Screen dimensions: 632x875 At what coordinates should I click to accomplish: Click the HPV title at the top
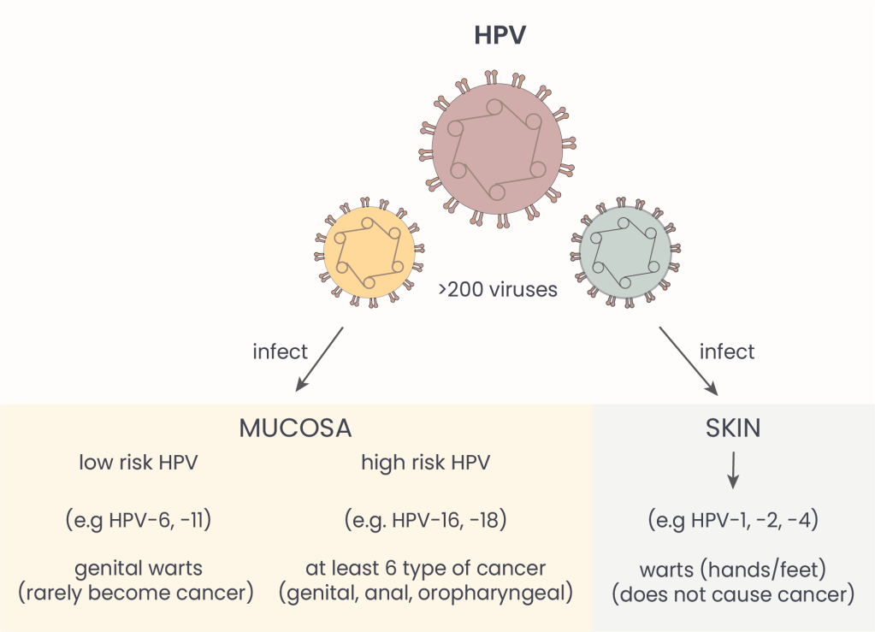[x=500, y=36]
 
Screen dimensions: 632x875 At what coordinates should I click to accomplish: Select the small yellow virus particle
[x=370, y=252]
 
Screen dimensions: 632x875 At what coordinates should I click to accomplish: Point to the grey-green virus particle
[x=624, y=253]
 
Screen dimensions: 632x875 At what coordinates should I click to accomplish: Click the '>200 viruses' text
[x=498, y=290]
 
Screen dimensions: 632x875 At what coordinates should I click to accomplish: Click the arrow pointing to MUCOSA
[x=319, y=359]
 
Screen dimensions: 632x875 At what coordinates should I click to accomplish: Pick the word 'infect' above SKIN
[x=727, y=351]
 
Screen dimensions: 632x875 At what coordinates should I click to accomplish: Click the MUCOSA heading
[x=295, y=428]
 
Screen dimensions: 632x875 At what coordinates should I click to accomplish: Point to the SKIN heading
[x=734, y=428]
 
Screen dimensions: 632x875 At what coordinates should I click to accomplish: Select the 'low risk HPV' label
[x=139, y=464]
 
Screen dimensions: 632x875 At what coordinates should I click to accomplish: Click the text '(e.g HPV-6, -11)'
[x=138, y=521]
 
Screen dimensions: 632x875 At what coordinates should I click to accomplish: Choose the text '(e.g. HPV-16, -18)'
[x=425, y=521]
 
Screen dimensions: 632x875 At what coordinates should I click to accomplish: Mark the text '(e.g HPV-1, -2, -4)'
[x=733, y=521]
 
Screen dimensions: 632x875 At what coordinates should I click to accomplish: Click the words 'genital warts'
[x=138, y=569]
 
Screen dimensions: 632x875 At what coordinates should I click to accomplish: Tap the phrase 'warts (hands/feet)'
[x=733, y=569]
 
